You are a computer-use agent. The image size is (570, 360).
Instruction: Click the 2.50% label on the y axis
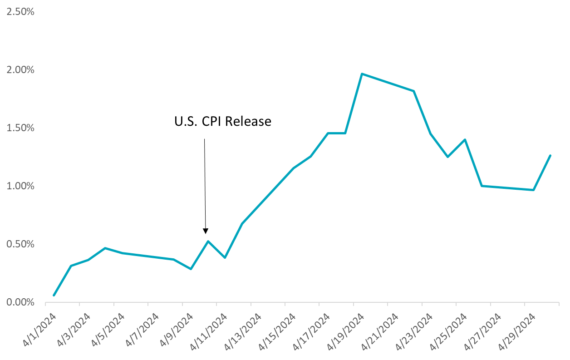(x=19, y=12)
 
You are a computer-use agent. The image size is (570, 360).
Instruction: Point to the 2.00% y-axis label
(x=19, y=70)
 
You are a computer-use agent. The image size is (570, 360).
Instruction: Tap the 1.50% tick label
(x=19, y=128)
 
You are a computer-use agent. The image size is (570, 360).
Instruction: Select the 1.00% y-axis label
(x=19, y=186)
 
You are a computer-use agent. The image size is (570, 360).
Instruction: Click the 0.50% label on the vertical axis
(x=19, y=244)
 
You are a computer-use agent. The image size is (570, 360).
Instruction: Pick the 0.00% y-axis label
(x=19, y=302)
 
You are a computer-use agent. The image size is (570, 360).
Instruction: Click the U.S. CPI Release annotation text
(x=223, y=122)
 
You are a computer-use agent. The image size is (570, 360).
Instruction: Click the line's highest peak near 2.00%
(x=362, y=74)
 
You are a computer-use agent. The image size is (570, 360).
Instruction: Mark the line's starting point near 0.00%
(x=54, y=296)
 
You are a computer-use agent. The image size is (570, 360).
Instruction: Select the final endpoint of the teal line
(x=550, y=155)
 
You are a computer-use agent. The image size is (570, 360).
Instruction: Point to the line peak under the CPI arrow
(x=208, y=241)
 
